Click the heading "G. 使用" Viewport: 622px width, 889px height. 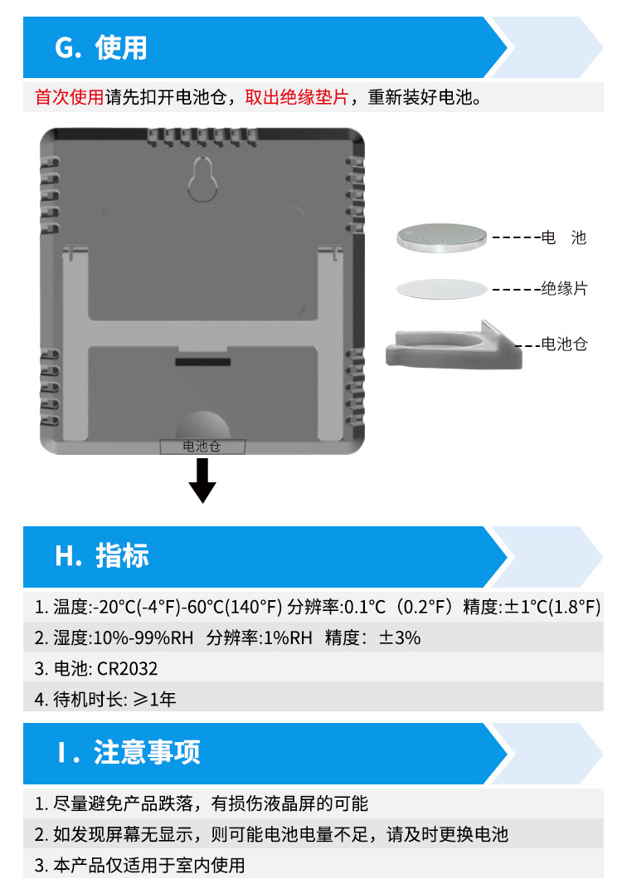pos(100,48)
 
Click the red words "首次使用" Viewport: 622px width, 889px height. pos(69,98)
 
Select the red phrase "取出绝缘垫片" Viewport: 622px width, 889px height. pos(296,98)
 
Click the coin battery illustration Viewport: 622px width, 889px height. pos(440,237)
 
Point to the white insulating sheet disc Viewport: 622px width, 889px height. pos(441,289)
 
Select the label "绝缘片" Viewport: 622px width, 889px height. pos(564,289)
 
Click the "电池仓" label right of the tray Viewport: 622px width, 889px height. pos(564,344)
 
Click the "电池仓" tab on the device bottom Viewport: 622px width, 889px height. pos(202,447)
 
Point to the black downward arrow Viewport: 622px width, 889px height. pos(202,481)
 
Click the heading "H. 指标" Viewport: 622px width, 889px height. pos(101,556)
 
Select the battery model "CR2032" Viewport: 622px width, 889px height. pos(127,668)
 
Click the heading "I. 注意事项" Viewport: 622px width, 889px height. pos(129,753)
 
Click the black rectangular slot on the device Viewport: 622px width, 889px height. pos(202,362)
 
